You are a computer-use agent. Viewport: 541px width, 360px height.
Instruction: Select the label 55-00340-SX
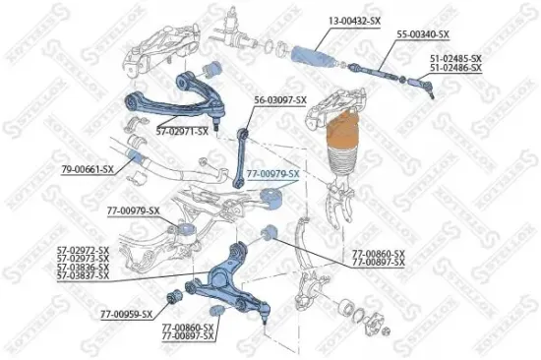click(423, 35)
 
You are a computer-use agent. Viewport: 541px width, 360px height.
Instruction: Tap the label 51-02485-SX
click(455, 58)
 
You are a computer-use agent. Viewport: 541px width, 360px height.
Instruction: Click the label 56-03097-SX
click(280, 99)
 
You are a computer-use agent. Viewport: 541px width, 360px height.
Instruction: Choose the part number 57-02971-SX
click(187, 130)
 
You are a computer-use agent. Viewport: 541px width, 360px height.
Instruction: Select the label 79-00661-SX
click(88, 169)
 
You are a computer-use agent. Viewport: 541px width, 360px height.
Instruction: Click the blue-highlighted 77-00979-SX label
click(272, 173)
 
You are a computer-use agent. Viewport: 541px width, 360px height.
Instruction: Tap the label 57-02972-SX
click(83, 252)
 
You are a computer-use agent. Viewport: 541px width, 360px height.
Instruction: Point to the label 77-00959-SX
click(127, 314)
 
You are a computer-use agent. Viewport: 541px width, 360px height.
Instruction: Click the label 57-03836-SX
click(83, 268)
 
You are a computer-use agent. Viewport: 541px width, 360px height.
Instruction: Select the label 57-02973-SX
click(83, 260)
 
